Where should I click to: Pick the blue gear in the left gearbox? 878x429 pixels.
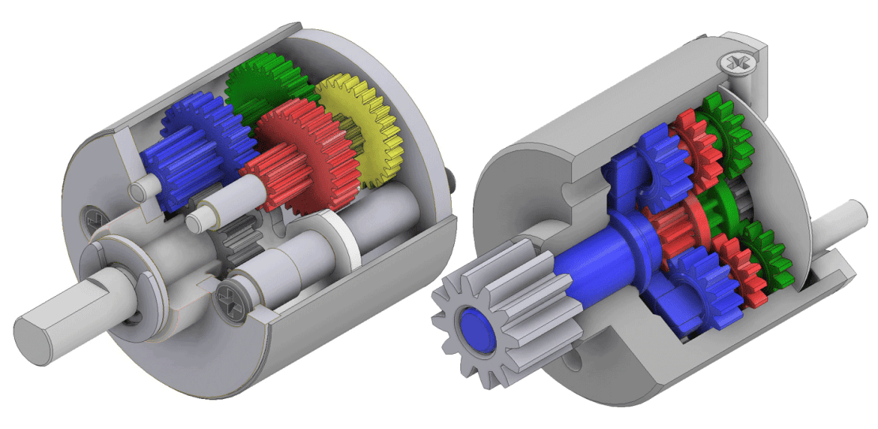190,146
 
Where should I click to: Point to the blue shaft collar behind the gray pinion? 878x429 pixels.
633,237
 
